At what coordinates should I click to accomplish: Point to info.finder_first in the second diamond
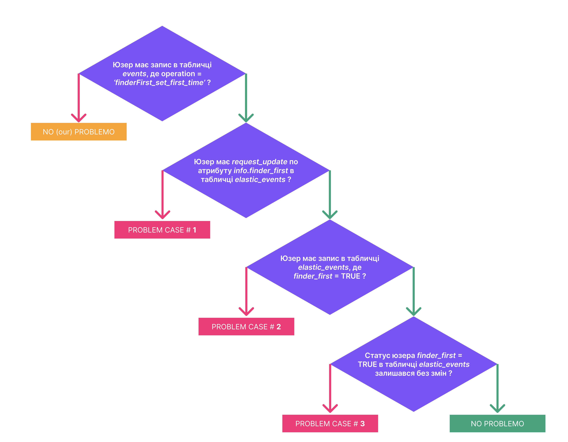261,171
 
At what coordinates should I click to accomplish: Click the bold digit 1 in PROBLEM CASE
195,230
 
